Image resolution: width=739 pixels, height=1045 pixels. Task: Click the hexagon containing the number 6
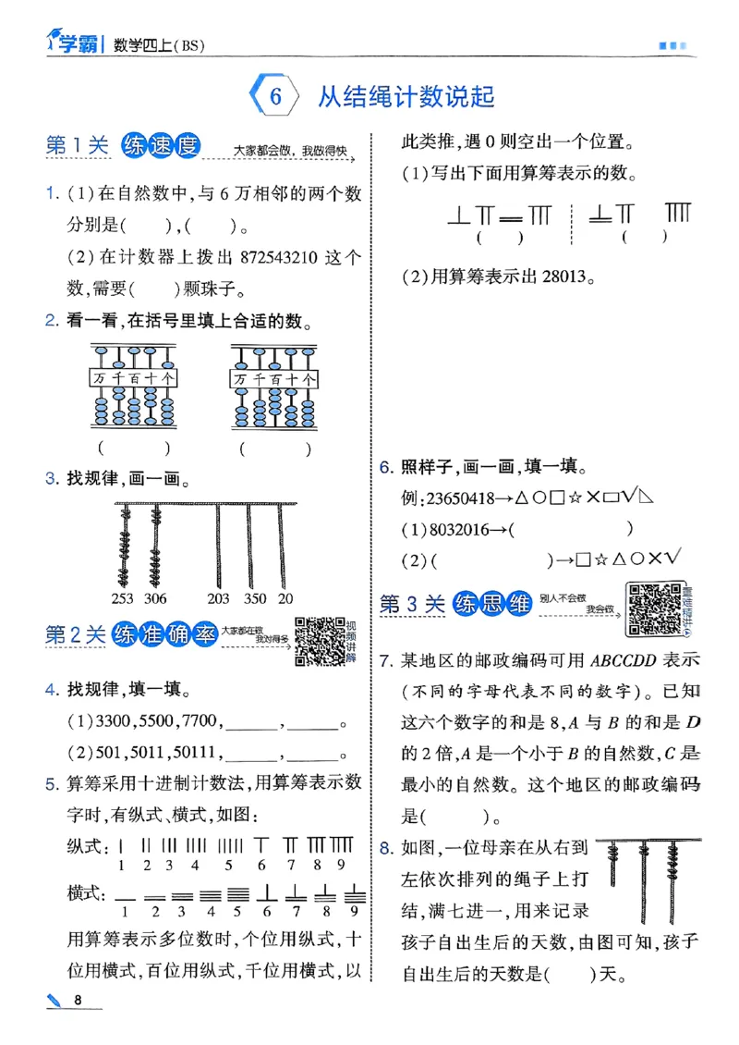(x=273, y=97)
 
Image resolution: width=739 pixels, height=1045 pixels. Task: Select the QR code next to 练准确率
(x=320, y=641)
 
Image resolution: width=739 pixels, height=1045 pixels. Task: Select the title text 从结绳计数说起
(x=406, y=97)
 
